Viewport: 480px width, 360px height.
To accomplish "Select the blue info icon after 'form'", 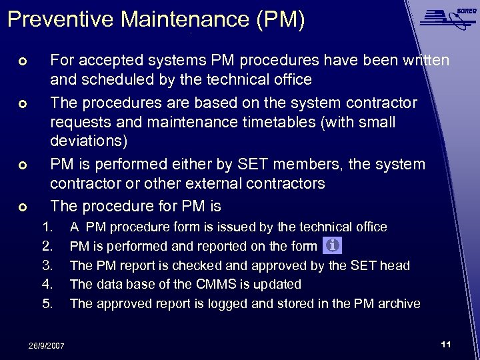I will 331,245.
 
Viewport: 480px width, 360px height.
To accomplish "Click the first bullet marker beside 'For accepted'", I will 22,62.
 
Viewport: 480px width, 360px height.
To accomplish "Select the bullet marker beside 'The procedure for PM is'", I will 22,207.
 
